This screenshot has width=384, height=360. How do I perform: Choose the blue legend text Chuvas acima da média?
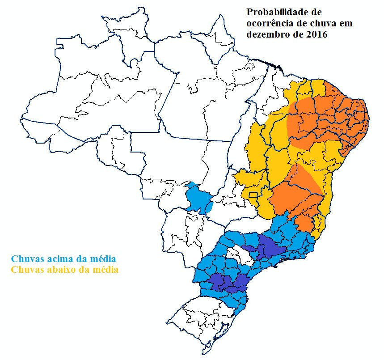(x=63, y=259)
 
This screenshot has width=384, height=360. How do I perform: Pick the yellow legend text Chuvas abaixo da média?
(x=64, y=270)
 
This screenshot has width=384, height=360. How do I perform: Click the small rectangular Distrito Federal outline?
(x=253, y=195)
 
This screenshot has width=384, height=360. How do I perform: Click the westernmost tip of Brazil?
(x=21, y=119)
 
